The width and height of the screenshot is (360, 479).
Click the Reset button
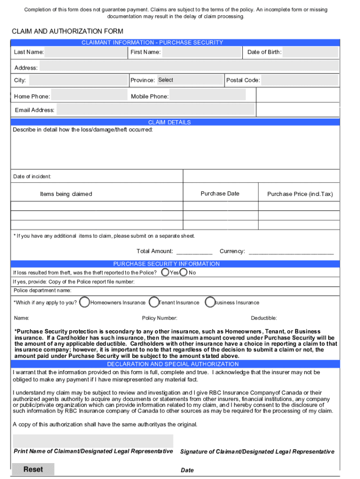33,469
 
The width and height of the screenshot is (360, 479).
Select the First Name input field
202,52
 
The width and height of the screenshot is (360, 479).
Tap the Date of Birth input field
310,52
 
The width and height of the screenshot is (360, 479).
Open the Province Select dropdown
190,80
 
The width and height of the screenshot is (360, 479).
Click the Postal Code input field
299,80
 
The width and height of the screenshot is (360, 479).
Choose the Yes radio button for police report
165,272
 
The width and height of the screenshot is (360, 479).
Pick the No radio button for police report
184,272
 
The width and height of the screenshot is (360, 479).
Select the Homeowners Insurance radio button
85,302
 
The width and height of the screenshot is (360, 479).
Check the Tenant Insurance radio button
154,302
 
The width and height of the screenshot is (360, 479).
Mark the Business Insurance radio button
210,302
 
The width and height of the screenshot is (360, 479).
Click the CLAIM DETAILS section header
169,122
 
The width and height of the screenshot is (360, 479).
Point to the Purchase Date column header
220,194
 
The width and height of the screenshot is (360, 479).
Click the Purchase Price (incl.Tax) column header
300,194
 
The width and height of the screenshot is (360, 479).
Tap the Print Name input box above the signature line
93,441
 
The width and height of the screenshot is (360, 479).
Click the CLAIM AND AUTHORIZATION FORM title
67,31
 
